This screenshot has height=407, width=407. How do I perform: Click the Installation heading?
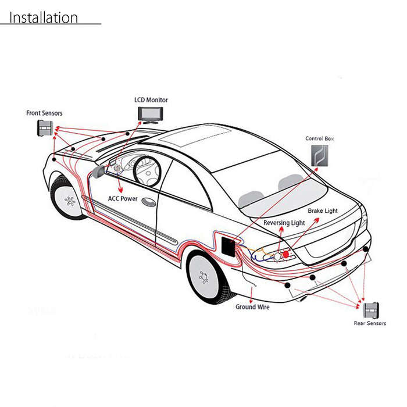pos(44,17)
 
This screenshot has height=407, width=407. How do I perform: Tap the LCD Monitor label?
pos(151,100)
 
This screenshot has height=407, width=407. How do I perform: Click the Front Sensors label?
pos(44,113)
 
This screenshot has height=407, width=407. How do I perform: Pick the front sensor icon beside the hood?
pos(45,128)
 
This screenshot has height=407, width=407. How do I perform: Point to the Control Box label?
pos(319,138)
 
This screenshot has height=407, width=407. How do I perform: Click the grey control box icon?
pos(320,155)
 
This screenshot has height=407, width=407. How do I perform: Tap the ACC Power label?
pos(123,199)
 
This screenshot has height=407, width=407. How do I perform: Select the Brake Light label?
pos(323,210)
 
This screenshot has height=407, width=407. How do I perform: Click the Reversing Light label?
pos(284,223)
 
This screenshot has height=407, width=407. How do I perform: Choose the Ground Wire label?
pos(252,307)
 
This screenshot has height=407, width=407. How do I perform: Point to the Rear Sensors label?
pos(370,323)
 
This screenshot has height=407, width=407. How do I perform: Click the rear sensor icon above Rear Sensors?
pos(371,310)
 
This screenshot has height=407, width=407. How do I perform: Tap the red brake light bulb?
pos(286,255)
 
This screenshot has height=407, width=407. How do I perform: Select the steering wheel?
pos(147,171)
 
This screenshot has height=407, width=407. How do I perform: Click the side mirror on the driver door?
pos(98,172)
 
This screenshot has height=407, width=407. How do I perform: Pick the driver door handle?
pos(149,202)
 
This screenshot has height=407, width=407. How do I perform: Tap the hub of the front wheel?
pos(70,201)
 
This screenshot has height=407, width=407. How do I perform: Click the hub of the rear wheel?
pos(204,277)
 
